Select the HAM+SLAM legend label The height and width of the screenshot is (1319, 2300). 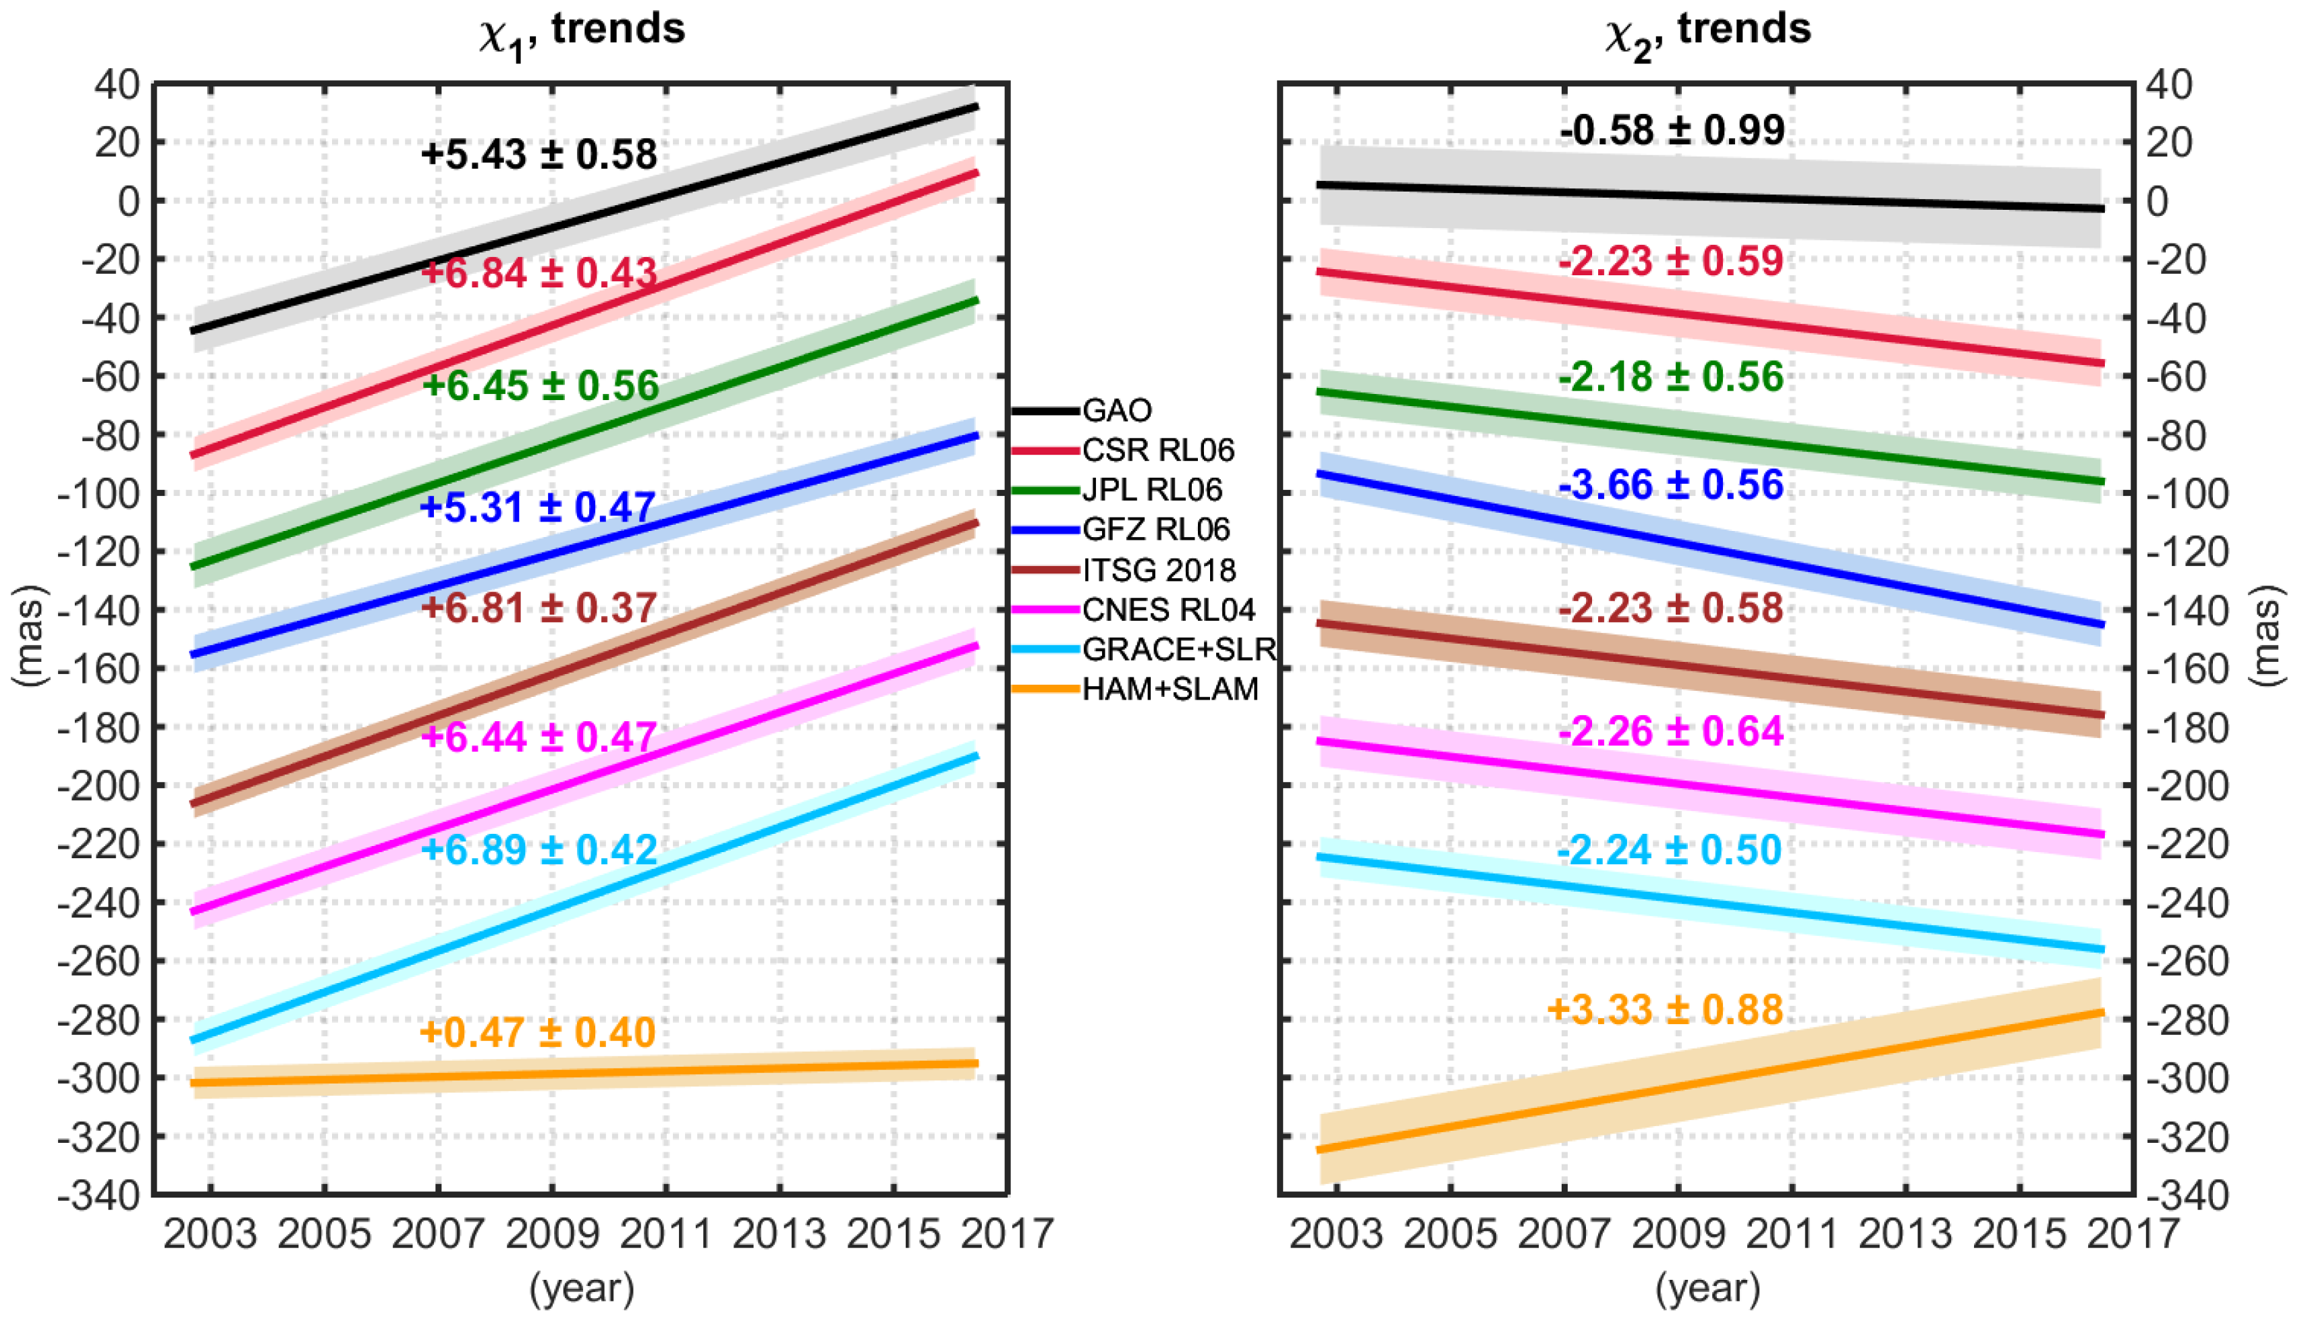tap(1170, 690)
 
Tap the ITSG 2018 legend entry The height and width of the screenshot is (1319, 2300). tap(1159, 570)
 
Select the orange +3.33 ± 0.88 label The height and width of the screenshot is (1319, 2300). tap(1665, 1009)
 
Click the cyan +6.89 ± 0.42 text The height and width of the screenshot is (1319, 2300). tap(539, 849)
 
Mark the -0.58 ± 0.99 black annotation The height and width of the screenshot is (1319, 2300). tap(1671, 130)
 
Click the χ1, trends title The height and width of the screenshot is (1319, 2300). tap(582, 31)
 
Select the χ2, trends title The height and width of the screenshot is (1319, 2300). tap(1707, 31)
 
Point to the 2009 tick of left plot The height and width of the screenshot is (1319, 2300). tap(553, 1234)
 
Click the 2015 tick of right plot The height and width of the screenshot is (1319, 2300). tap(2019, 1234)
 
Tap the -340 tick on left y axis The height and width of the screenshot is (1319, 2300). tap(99, 1196)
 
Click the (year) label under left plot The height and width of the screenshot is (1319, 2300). tap(582, 1287)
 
